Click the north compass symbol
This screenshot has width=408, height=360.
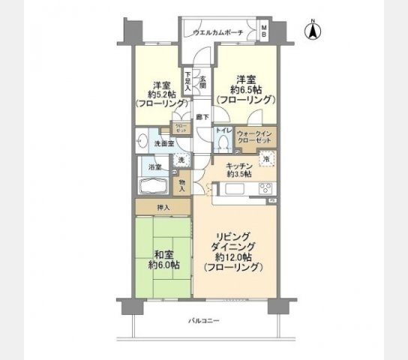tap(313, 31)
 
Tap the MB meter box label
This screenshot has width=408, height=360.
tap(264, 31)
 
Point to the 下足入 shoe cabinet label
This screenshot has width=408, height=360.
tap(188, 81)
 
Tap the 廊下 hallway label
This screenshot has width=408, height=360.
tap(202, 117)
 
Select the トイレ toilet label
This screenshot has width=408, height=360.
tap(223, 130)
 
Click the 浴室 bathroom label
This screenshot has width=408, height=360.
tap(154, 167)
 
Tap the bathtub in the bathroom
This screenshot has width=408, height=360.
tap(156, 186)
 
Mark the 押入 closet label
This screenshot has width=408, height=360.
tap(163, 207)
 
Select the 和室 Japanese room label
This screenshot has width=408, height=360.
tap(163, 254)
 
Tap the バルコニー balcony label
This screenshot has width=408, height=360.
tap(203, 320)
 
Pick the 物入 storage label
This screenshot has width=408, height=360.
tap(182, 184)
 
